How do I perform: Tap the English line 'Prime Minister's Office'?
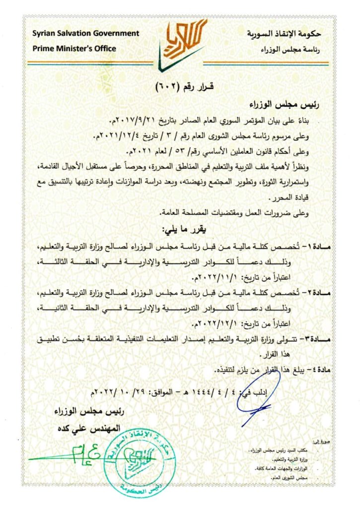coord(74,48)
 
